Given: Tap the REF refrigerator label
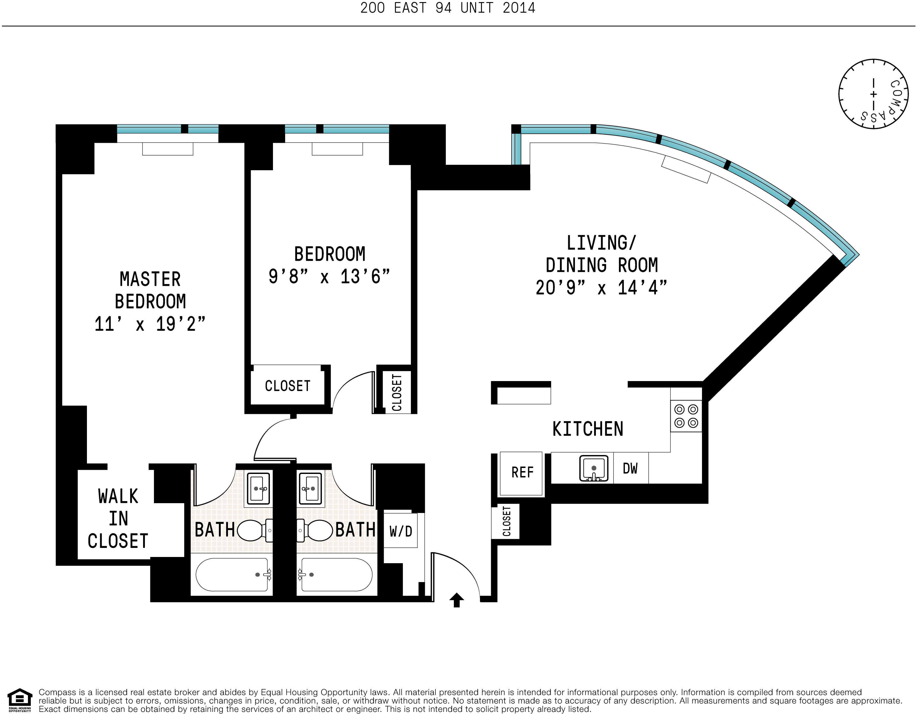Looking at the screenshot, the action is point(522,473).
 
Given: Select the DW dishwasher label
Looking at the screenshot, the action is point(630,468).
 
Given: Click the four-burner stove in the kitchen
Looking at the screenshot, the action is point(686,415).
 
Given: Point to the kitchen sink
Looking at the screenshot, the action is point(594,468).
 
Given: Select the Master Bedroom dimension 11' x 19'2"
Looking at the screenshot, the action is point(150,324).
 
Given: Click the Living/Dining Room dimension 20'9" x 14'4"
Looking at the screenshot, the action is point(601,288).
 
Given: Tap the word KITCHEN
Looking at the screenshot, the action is point(588,429).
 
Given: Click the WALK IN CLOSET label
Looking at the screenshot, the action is point(118,518).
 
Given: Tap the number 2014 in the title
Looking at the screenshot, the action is point(519,8).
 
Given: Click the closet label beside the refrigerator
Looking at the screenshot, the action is point(507,521).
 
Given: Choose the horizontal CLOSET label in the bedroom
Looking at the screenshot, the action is point(288,386).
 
